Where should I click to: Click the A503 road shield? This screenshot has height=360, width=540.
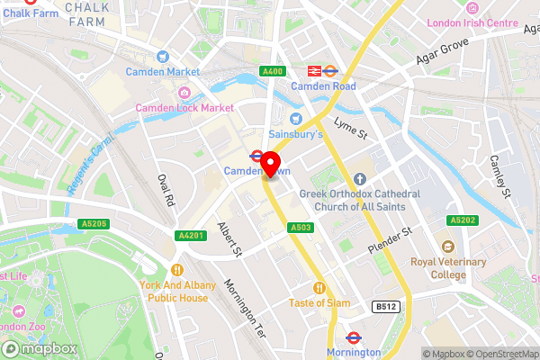(301, 229)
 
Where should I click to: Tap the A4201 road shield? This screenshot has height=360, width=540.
(187, 235)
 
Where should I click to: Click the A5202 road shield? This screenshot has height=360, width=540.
(463, 219)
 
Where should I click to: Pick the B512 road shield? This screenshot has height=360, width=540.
(385, 308)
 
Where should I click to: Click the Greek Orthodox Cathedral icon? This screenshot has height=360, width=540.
(359, 178)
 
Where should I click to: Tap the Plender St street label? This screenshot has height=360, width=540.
(388, 240)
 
